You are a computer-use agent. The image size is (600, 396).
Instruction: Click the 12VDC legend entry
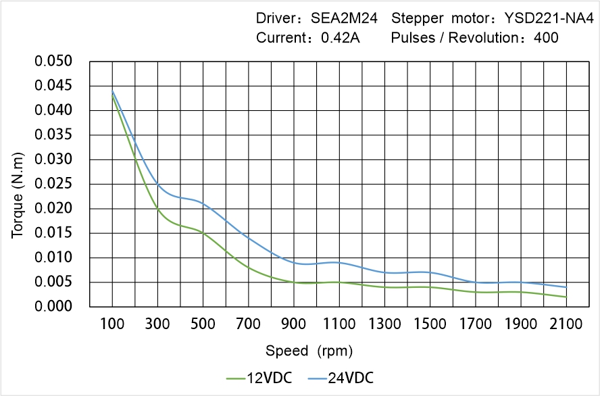pyautogui.click(x=260, y=377)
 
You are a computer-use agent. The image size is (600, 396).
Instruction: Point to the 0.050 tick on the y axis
pyautogui.click(x=53, y=61)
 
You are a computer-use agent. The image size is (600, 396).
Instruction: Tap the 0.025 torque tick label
pyautogui.click(x=53, y=184)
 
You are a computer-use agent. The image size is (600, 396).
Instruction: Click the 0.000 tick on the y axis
pyautogui.click(x=53, y=307)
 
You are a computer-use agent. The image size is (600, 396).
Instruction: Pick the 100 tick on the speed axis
pyautogui.click(x=112, y=324)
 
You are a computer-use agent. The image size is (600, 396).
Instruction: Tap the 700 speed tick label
pyautogui.click(x=249, y=324)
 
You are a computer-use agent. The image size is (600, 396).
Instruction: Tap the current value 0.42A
pyautogui.click(x=341, y=38)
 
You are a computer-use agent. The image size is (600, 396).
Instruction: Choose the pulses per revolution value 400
pyautogui.click(x=546, y=38)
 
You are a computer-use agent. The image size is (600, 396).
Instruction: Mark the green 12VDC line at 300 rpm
pyautogui.click(x=157, y=209)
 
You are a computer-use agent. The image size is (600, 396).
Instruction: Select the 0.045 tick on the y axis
pyautogui.click(x=53, y=86)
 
